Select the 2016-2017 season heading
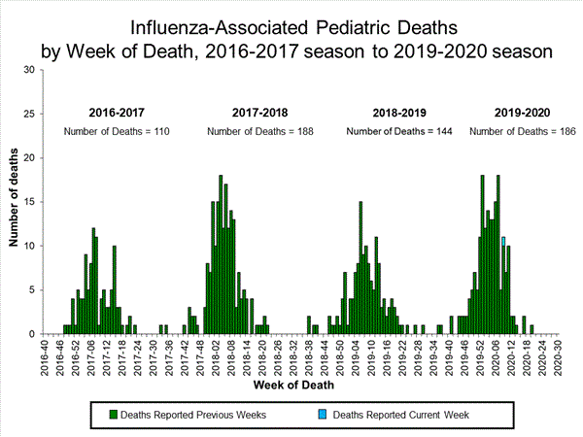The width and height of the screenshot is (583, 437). tap(117, 113)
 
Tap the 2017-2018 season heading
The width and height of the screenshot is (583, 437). tap(260, 113)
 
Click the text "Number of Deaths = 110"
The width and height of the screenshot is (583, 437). tap(117, 131)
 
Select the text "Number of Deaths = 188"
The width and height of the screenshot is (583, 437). tap(260, 131)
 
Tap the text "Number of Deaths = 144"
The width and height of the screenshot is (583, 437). tap(401, 131)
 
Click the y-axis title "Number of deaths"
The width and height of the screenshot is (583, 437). tap(15, 202)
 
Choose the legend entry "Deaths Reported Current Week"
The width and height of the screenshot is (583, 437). tap(401, 415)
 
